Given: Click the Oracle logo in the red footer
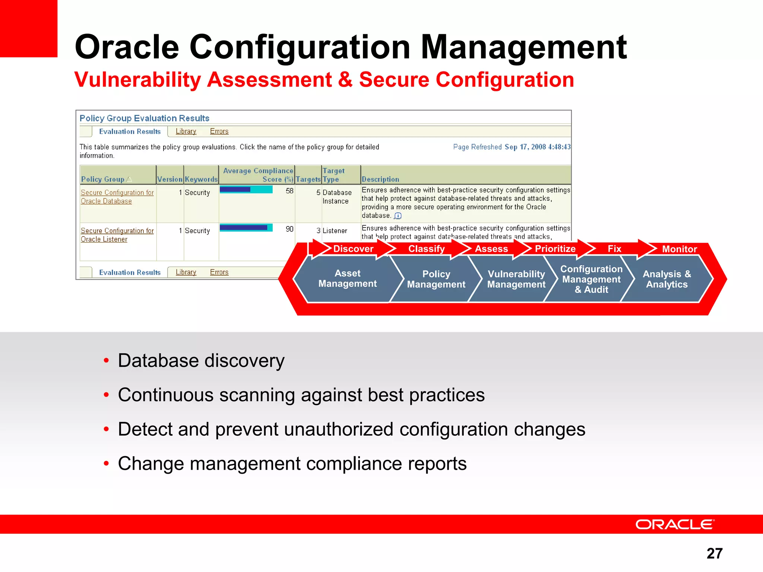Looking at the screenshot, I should pyautogui.click(x=675, y=524).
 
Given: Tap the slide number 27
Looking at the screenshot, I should pyautogui.click(x=714, y=553).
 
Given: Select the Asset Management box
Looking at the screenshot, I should pyautogui.click(x=347, y=279).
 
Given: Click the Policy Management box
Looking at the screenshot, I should pyautogui.click(x=436, y=279).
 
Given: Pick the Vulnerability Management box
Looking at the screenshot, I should pyautogui.click(x=516, y=279).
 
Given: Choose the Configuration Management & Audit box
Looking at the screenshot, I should pyautogui.click(x=591, y=279).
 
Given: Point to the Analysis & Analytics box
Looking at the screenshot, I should pyautogui.click(x=667, y=279).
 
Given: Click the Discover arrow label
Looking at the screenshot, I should pyautogui.click(x=353, y=249).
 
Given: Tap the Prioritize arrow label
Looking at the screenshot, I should pyautogui.click(x=555, y=249).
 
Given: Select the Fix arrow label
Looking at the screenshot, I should pyautogui.click(x=614, y=249).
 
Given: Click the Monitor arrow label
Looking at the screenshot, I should pyautogui.click(x=679, y=249).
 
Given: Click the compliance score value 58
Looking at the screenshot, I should pyautogui.click(x=289, y=191).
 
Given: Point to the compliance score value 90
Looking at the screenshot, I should pyautogui.click(x=289, y=229).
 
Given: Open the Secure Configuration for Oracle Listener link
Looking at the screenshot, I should pyautogui.click(x=117, y=235).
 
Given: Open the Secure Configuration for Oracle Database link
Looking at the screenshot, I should pyautogui.click(x=117, y=197).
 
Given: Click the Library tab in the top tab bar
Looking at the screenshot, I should pyautogui.click(x=186, y=131).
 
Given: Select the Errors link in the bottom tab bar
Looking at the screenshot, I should pyautogui.click(x=219, y=272).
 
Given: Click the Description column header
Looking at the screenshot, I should pyautogui.click(x=380, y=179).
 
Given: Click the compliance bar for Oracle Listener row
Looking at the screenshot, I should pyautogui.click(x=246, y=228).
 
